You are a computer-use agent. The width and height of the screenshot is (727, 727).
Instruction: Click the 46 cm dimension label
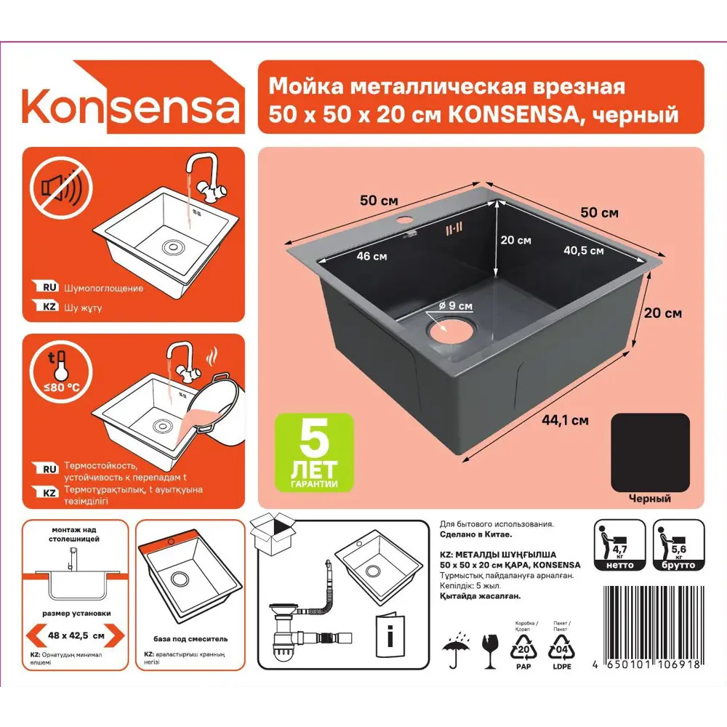[371, 256]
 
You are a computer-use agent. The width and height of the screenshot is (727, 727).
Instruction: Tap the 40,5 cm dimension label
[583, 251]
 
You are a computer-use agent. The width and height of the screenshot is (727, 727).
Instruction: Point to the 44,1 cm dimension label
[564, 419]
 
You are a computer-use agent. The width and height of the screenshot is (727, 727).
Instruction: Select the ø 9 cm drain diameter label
[455, 306]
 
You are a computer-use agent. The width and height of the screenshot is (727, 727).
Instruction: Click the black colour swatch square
[650, 451]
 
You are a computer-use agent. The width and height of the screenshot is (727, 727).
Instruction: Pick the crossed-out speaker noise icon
[61, 188]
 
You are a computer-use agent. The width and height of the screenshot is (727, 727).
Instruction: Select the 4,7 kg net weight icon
[619, 545]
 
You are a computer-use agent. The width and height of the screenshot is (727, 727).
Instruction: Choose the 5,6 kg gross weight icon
[678, 545]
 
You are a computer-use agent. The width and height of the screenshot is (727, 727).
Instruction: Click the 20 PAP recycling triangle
[525, 648]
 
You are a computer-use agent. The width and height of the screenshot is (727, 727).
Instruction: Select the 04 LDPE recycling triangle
[561, 648]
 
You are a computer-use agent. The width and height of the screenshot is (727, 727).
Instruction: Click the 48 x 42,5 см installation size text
[76, 634]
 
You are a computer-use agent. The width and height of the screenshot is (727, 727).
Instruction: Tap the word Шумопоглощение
[103, 288]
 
